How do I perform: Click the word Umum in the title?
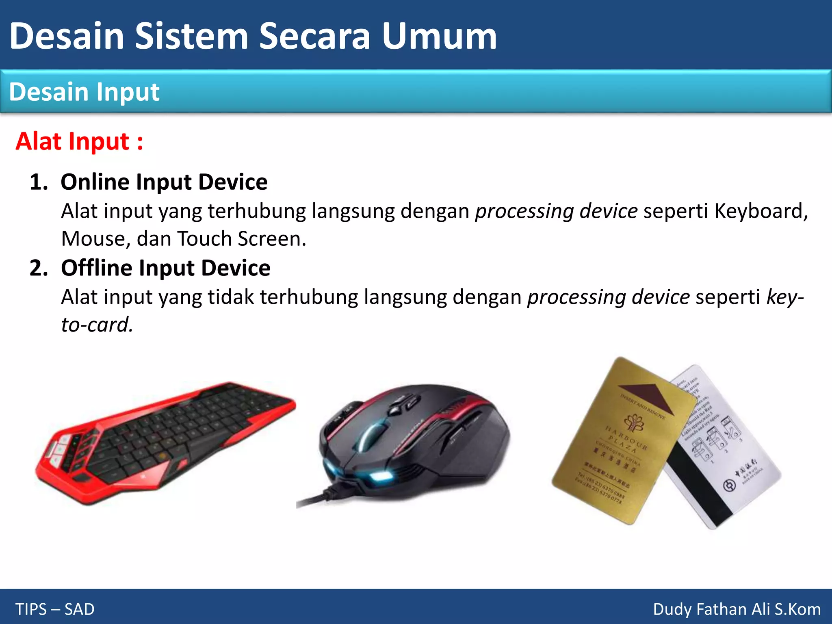440,37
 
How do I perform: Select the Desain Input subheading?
84,92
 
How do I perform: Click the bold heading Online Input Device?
164,182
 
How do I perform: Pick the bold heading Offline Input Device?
166,268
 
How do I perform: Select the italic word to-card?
96,325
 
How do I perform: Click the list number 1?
39,182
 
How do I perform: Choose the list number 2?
39,268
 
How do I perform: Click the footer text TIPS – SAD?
55,609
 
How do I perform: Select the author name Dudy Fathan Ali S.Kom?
737,609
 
